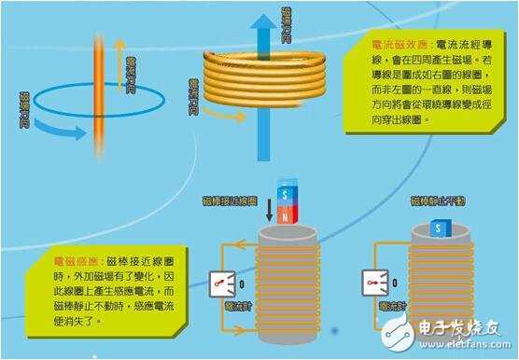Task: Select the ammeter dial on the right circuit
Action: point(375,281)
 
